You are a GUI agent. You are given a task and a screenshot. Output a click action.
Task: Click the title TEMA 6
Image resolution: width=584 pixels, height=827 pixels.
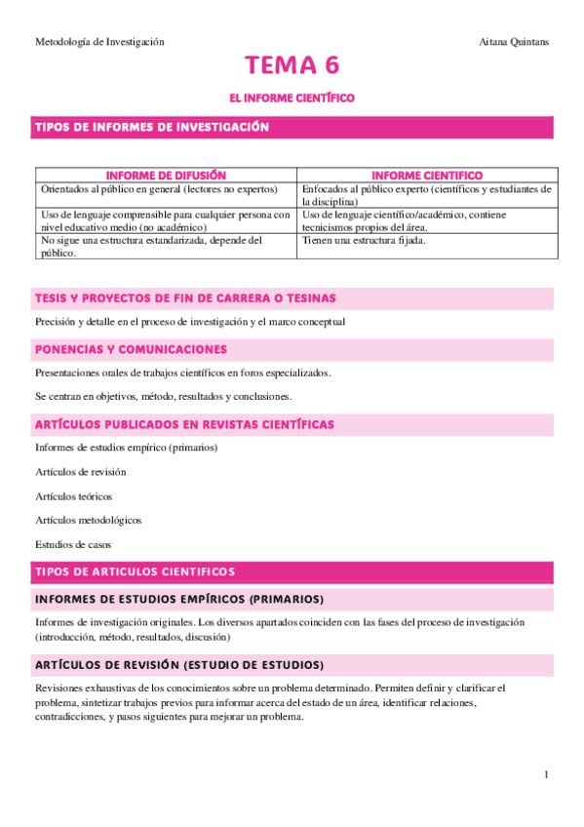point(292,66)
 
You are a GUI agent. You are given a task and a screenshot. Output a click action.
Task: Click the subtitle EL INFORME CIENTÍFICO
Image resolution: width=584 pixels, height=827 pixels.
point(292,98)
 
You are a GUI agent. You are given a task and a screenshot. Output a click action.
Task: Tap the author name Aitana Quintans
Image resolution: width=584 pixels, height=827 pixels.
point(514,42)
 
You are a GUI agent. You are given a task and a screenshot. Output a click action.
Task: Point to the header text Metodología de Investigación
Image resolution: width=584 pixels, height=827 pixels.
point(99,42)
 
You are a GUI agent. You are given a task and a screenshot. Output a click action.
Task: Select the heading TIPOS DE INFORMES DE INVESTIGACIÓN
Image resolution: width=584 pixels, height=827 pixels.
point(152,128)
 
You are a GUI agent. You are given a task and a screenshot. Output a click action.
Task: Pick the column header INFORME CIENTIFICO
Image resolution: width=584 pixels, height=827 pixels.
point(427,175)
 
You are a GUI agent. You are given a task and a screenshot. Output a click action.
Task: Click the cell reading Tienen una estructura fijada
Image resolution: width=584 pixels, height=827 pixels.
point(364,240)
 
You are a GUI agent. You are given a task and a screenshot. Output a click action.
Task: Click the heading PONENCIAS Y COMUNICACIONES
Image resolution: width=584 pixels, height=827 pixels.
point(131,349)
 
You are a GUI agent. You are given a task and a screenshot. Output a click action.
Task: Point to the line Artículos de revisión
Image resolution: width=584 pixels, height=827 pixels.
point(80,472)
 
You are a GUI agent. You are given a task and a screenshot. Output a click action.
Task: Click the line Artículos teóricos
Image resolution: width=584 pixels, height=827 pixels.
point(73,496)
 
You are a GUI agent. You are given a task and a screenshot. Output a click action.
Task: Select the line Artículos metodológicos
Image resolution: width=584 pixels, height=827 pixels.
point(88,521)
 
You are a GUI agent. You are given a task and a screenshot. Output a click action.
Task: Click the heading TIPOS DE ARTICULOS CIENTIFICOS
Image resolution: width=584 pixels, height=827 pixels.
point(135,571)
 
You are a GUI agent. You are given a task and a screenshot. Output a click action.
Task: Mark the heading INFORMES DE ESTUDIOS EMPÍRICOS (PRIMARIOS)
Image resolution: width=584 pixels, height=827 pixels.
point(179,598)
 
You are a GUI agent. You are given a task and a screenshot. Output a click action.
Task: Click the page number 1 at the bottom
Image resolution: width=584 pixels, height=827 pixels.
point(547,774)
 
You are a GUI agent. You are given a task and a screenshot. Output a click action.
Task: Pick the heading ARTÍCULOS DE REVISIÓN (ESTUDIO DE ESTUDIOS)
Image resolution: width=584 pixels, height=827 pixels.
point(179,665)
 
